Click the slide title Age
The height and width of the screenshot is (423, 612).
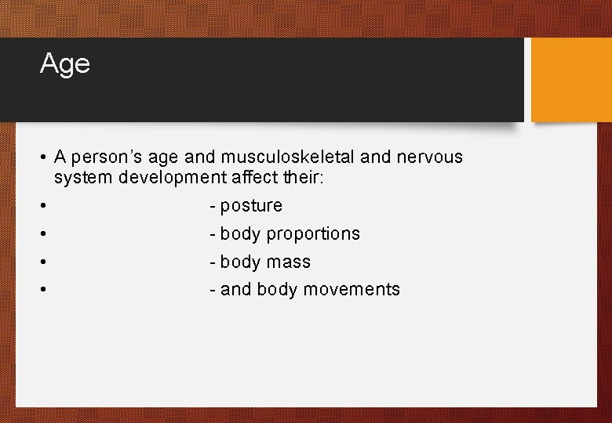coord(65,63)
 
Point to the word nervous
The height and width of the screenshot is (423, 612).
coord(429,157)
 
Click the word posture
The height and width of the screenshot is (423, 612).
coord(251,206)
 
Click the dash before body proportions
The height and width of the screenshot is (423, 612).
coord(213,234)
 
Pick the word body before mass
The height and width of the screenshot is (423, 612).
coord(240,262)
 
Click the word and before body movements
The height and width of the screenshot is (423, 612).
coord(235,290)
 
